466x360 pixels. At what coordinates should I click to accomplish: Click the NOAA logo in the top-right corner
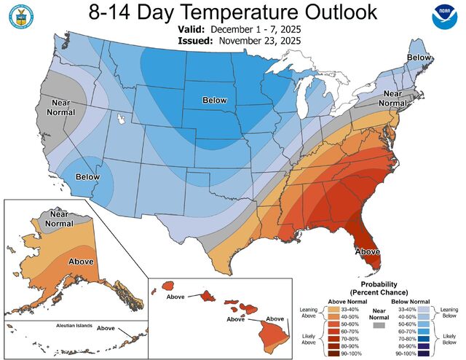point(443,17)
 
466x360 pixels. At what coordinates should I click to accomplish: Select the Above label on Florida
point(367,251)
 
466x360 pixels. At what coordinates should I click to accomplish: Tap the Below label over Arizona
point(87,177)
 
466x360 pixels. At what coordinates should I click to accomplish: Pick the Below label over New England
point(418,57)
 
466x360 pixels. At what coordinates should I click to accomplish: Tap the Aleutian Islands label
point(65,326)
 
